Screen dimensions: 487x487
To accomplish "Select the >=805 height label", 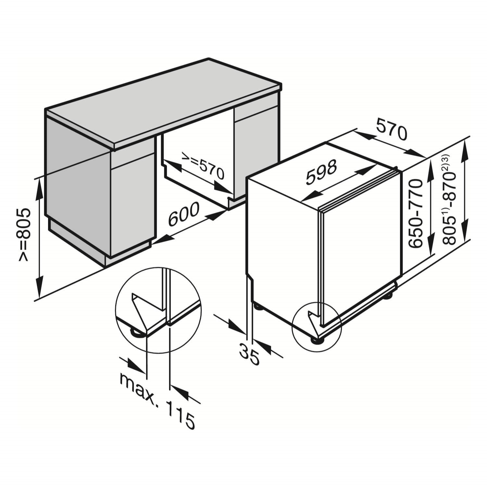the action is tap(25, 235).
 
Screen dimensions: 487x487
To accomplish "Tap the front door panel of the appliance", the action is tap(360, 243).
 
